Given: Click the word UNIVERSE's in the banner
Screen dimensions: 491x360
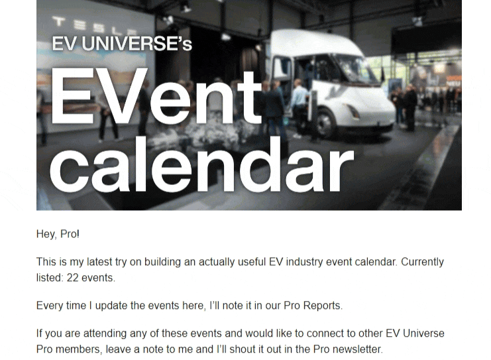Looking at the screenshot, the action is pyautogui.click(x=137, y=44).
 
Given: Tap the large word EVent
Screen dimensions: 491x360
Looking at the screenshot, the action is pyautogui.click(x=156, y=96).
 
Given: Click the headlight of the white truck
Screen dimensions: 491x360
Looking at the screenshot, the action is pyautogui.click(x=353, y=111).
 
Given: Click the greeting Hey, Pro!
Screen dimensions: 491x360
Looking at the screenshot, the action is pyautogui.click(x=58, y=234).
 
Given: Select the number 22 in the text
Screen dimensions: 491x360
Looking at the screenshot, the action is pyautogui.click(x=72, y=278).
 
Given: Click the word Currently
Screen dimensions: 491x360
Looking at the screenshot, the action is pyautogui.click(x=422, y=262).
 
